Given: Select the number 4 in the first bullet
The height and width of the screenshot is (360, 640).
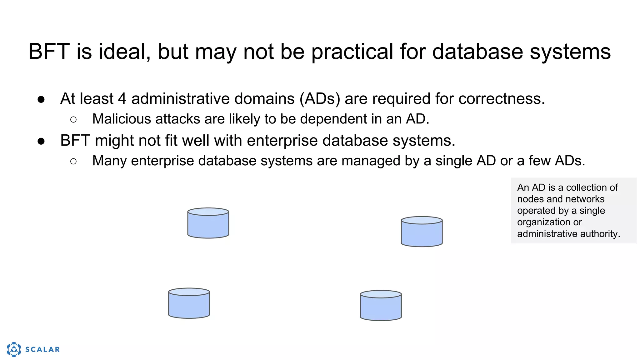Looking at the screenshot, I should coord(122,99).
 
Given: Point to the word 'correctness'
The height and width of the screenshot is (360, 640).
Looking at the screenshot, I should coord(501,99).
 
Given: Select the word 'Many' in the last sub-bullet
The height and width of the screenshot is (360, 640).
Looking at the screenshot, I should coord(109,161).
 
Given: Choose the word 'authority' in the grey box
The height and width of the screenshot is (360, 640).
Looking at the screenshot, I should coord(600,234).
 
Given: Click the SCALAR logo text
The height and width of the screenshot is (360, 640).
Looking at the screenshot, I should coord(42,349).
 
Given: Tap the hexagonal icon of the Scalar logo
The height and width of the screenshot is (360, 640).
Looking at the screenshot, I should coord(14,349).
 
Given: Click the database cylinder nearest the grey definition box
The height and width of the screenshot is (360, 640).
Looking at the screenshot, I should coord(422,232).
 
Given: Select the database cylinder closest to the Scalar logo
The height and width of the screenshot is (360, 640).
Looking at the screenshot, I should coord(189,303).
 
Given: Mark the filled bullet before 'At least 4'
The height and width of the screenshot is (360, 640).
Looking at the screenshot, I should coord(41,99).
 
